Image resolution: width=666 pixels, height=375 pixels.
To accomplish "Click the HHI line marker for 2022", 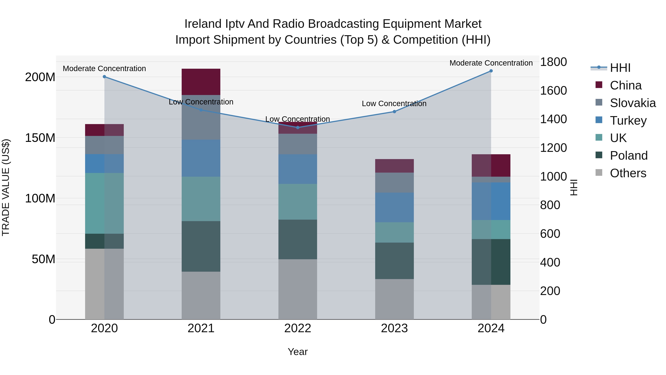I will point(298,127).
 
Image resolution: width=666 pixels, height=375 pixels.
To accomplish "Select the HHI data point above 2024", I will point(491,71).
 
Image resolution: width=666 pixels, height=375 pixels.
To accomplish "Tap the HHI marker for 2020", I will point(105,77).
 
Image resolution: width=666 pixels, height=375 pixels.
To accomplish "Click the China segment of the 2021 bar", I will point(201,82).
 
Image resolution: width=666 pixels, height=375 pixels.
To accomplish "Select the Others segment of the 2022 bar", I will point(298,289).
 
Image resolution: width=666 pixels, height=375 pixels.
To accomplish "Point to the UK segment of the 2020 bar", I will point(105,203).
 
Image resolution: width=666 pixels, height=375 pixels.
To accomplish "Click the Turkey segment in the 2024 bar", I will point(491,201).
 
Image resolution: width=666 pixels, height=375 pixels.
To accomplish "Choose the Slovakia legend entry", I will point(632,103).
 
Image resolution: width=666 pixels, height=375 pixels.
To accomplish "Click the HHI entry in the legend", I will point(620,68).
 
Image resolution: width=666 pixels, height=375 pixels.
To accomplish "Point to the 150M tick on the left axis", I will point(40,138).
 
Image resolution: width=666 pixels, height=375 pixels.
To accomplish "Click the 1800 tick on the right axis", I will point(554,62).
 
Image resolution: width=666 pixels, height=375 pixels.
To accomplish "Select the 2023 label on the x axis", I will point(394,328).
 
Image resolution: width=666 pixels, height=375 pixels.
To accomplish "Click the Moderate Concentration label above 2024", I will point(491,63).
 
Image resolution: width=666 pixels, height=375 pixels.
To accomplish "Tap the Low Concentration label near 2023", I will point(394,104).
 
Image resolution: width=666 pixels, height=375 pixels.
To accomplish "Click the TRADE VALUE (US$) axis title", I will point(6,187).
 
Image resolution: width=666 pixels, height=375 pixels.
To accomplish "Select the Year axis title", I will point(298,352).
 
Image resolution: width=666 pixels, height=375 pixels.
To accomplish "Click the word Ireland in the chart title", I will point(203,24).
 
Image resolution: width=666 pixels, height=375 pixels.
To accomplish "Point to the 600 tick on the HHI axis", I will point(550,234).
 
